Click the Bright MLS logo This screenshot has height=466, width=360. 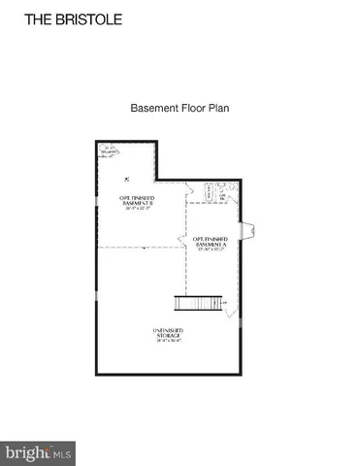[38, 452]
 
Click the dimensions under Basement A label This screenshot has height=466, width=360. [210, 250]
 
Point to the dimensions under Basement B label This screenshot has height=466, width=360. [137, 209]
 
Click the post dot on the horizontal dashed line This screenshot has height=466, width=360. [143, 248]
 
